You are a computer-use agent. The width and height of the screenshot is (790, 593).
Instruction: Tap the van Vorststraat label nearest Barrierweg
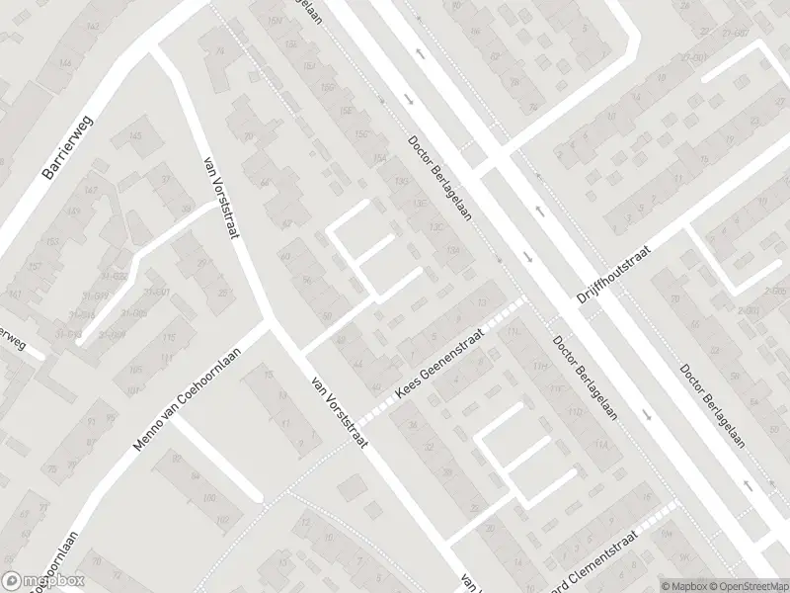224,196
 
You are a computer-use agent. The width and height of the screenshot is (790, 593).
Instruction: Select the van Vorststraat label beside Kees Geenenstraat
339,411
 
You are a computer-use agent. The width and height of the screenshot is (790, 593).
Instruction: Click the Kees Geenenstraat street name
441,365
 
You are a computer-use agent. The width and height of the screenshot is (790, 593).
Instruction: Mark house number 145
135,136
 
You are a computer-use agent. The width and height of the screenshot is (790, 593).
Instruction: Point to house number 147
91,189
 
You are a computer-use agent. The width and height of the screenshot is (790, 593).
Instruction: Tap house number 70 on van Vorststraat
249,136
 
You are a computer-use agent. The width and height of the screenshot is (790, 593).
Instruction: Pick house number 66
264,183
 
